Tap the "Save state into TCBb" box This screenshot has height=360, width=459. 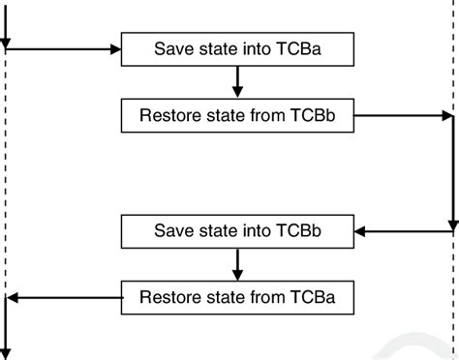click(x=236, y=232)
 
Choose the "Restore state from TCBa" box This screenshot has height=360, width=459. click(x=236, y=296)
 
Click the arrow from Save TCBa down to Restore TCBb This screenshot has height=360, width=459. click(x=236, y=81)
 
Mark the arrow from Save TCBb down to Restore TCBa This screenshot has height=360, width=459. click(x=236, y=264)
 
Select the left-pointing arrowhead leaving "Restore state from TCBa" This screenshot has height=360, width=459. click(x=13, y=296)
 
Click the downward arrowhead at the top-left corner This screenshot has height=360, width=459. click(x=6, y=43)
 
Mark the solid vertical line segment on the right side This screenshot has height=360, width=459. click(x=452, y=174)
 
